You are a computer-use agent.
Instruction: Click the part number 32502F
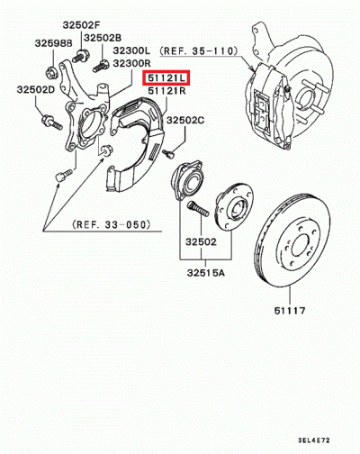point(81,25)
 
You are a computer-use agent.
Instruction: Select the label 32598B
point(54,43)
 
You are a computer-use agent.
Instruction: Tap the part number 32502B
point(103,38)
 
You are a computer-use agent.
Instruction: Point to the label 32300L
point(131,50)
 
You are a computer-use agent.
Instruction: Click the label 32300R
point(131,63)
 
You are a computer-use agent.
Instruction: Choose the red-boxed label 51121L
point(166,78)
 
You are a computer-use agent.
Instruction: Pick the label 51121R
point(166,91)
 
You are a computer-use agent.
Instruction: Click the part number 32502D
point(36,89)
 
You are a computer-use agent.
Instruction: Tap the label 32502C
point(185,120)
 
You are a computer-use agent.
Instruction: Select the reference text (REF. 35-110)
point(199,51)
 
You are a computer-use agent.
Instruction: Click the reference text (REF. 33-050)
point(111,224)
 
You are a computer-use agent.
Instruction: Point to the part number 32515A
point(206,273)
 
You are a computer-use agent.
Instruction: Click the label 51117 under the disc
point(290,311)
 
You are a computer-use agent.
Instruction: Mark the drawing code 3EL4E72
point(314,440)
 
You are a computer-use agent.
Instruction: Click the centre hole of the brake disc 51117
point(300,245)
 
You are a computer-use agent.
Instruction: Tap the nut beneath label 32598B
point(51,73)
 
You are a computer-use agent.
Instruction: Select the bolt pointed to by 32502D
point(52,123)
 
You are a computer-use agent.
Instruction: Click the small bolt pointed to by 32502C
point(169,154)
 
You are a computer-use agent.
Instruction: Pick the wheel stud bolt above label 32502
point(198,209)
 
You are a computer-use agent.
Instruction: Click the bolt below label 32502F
point(78,56)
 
